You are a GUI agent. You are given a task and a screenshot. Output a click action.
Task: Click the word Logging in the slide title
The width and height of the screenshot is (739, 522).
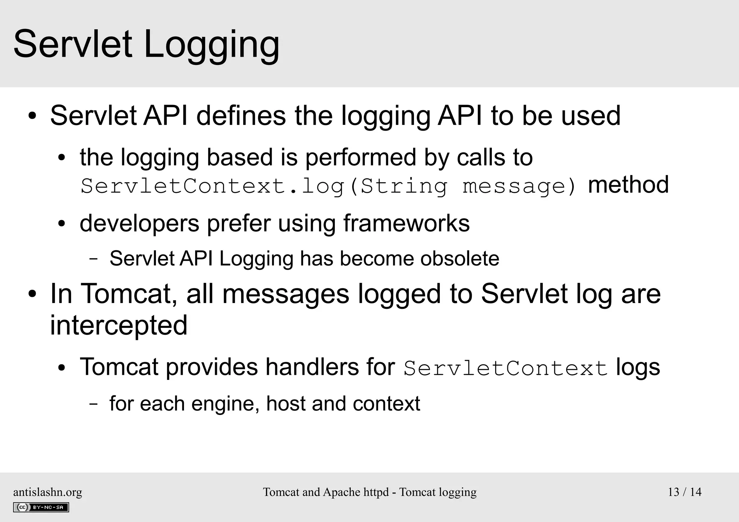click(x=211, y=45)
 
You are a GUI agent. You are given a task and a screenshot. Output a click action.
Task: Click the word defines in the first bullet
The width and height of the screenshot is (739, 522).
click(x=241, y=116)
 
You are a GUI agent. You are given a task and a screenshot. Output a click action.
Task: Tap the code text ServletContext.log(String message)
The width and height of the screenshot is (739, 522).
click(x=328, y=187)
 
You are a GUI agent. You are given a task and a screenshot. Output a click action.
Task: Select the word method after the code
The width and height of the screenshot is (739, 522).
click(x=628, y=185)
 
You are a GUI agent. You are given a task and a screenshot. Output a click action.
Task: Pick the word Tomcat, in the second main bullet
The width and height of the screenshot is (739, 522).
click(x=128, y=294)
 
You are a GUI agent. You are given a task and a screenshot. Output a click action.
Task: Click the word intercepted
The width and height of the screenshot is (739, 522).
click(x=119, y=325)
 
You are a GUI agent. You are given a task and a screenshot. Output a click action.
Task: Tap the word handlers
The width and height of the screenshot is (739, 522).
click(x=312, y=367)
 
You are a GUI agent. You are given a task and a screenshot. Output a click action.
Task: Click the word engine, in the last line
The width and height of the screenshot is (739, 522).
click(x=225, y=403)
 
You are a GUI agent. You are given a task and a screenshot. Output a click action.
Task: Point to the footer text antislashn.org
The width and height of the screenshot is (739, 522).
click(x=48, y=492)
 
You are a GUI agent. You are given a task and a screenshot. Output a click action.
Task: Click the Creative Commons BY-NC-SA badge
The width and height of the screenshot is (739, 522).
click(x=41, y=507)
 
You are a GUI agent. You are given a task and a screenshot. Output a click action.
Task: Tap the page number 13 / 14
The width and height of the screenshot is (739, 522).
click(x=685, y=492)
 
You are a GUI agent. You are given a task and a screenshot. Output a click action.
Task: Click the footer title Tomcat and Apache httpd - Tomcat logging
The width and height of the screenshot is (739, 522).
click(x=369, y=492)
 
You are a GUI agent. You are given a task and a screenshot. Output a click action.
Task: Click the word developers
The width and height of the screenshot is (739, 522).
click(x=139, y=224)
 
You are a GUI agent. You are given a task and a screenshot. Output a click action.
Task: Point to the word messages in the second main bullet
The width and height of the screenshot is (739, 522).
click(x=286, y=294)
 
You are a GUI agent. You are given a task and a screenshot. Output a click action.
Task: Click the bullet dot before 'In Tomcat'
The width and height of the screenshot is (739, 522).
click(x=32, y=294)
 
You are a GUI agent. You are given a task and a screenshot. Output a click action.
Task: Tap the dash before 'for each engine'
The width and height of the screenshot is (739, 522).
click(x=93, y=404)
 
